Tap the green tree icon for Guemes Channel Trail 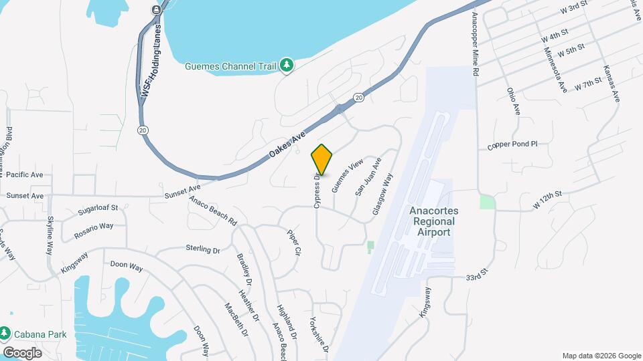click(x=287, y=65)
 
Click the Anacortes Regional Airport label click(x=431, y=221)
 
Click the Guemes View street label click(x=352, y=173)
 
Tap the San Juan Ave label click(x=368, y=176)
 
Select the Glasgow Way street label click(x=382, y=195)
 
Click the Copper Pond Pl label click(x=512, y=144)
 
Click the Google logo click(x=21, y=352)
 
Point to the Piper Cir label click(x=295, y=243)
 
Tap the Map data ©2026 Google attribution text click(x=601, y=356)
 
